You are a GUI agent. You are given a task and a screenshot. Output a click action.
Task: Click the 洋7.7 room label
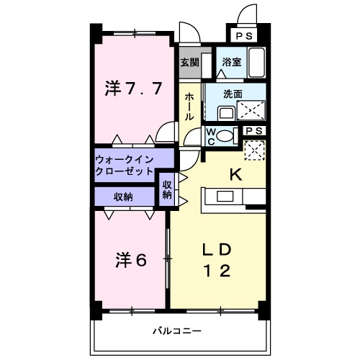[x=132, y=91]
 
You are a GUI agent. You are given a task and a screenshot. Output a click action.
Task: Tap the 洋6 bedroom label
[x=130, y=259]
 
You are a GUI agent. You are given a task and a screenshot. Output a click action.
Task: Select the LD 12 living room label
[x=216, y=261]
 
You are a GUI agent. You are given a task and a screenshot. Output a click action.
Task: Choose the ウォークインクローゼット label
[x=125, y=166]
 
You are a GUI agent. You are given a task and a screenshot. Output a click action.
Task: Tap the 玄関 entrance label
[x=189, y=62]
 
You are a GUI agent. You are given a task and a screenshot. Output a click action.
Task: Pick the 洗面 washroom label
[x=232, y=94]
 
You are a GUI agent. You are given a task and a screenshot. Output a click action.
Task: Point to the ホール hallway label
[x=189, y=106]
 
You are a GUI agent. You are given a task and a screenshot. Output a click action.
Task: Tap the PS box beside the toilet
[x=252, y=131]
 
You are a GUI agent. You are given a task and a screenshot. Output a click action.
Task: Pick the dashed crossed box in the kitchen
[x=253, y=151]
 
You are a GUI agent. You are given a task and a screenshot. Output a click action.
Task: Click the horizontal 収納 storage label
[x=122, y=197]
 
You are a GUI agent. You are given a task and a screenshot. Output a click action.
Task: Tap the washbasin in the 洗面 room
[x=225, y=112]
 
